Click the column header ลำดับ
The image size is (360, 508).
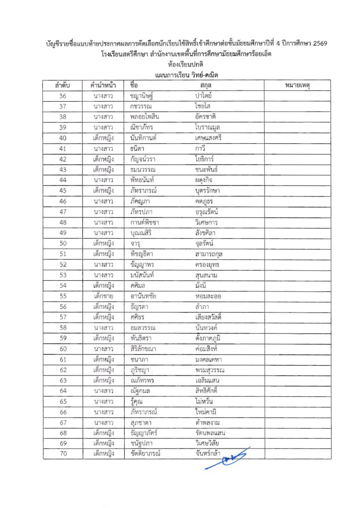click(63, 85)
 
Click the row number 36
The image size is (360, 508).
click(63, 96)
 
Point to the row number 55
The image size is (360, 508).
click(63, 296)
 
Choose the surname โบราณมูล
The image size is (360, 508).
click(212, 127)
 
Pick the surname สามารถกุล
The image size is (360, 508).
click(214, 254)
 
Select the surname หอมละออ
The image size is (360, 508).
click(212, 296)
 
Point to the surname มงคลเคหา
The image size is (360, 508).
click(212, 359)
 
